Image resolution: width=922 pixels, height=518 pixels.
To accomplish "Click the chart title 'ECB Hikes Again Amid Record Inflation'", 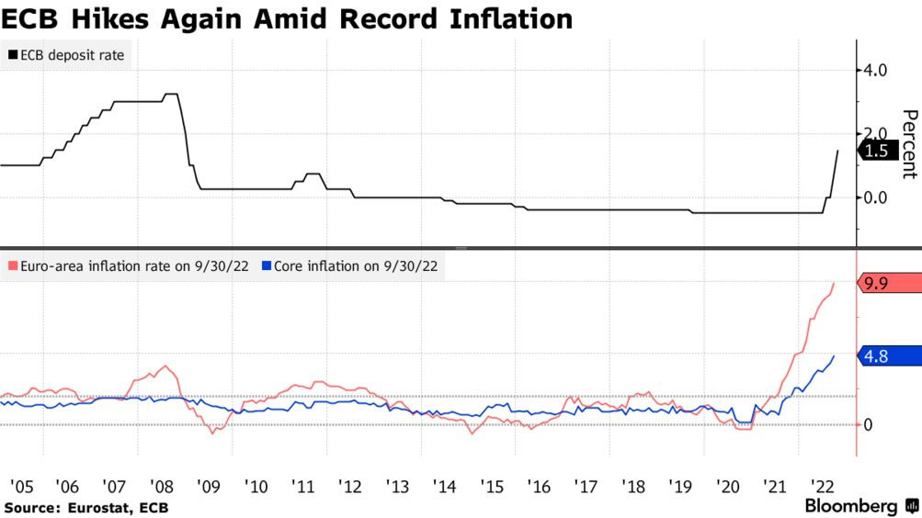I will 287,18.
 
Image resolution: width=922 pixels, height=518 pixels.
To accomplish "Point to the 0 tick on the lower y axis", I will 869,424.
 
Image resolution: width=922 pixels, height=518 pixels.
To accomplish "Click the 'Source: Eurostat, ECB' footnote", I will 86,507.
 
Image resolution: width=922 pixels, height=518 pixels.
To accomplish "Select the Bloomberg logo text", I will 851,506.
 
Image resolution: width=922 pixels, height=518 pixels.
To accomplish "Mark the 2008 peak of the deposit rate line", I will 170,94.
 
